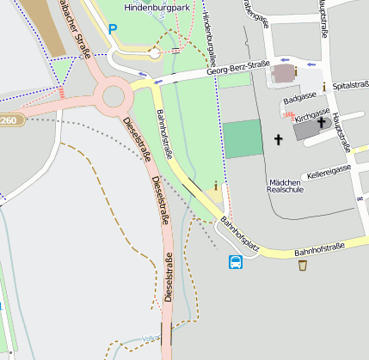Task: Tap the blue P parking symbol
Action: [112, 28]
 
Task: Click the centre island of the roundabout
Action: [114, 96]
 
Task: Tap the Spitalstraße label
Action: [350, 87]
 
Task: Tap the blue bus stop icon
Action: [235, 262]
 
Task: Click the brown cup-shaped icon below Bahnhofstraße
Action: [303, 265]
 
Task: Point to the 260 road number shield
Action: [8, 120]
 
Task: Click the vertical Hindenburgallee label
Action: [207, 21]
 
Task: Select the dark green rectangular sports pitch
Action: [242, 138]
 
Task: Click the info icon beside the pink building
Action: [296, 71]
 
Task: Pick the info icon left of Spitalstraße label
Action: [323, 87]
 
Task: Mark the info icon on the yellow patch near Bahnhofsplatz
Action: [215, 186]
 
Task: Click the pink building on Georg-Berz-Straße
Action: [282, 74]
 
